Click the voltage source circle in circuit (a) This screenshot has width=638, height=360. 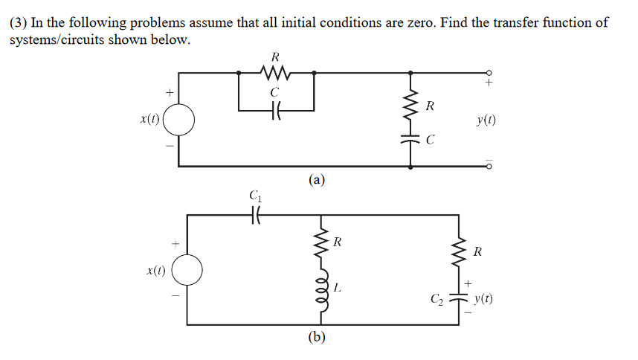coord(179,118)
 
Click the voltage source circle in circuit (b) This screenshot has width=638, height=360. coord(187,271)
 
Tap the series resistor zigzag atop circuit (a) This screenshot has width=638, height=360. coord(276,73)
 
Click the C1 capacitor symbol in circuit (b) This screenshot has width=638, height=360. coord(255,215)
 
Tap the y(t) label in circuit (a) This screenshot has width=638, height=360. coord(487,120)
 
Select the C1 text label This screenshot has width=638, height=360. coord(255,197)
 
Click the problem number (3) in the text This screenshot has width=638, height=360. coord(18,22)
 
